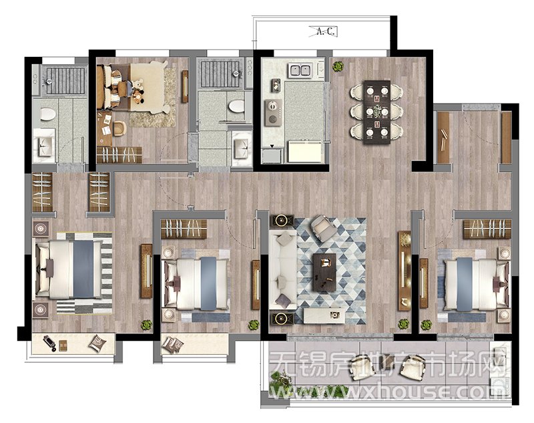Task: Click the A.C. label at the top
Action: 326,31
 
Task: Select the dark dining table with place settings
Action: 376,112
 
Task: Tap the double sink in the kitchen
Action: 300,71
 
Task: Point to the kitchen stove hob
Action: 273,112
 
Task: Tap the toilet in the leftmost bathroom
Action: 48,114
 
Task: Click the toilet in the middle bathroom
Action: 236,106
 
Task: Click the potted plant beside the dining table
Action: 338,66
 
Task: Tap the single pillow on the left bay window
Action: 97,343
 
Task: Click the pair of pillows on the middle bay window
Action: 173,344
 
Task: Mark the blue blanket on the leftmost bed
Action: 83,269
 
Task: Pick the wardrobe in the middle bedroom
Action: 184,229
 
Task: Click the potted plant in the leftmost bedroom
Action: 147,325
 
